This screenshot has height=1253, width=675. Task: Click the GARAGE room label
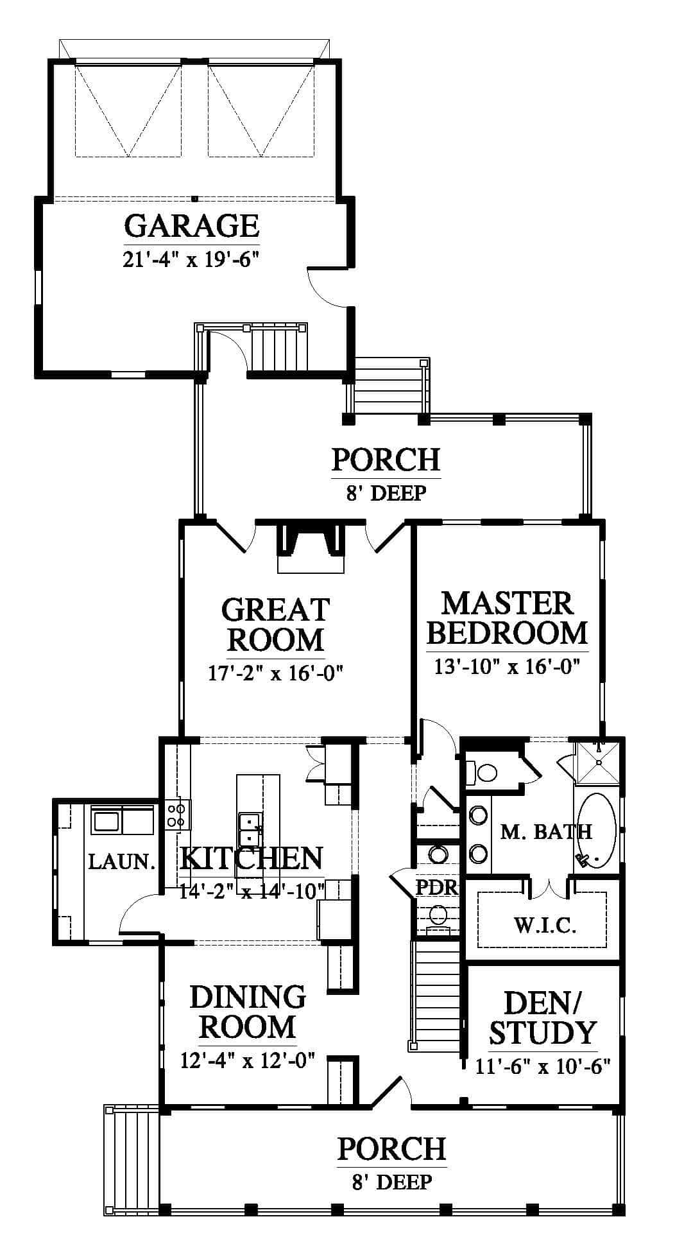[191, 225]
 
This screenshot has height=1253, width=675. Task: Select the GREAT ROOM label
[275, 625]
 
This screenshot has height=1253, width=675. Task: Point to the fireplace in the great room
[311, 548]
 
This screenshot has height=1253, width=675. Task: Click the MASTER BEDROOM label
[507, 618]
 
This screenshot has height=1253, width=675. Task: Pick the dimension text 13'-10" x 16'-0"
[507, 667]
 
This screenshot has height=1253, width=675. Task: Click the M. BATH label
[546, 832]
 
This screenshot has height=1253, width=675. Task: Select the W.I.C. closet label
[545, 925]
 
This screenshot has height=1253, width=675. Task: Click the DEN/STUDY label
[542, 1019]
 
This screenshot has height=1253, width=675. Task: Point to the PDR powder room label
[436, 888]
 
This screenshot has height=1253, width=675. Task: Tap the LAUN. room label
[122, 861]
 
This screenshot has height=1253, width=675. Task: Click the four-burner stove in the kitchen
[178, 814]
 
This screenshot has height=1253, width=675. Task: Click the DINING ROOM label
[248, 1012]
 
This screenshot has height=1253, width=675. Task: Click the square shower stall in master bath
[597, 763]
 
